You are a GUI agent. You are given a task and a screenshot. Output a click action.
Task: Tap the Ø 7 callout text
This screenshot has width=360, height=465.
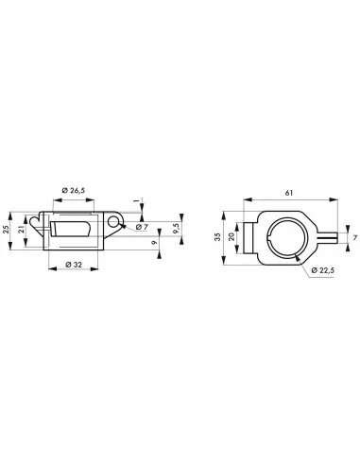139,228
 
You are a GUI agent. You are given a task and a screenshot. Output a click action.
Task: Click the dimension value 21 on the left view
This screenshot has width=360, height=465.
22,232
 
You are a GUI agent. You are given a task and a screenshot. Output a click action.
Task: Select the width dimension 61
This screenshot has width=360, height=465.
288,193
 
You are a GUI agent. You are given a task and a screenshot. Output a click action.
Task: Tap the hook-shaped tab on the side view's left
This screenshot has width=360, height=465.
35,225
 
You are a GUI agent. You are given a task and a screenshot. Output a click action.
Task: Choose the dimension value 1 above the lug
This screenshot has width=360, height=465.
140,200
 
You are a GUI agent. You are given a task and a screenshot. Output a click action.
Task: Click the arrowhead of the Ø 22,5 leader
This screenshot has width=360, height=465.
300,258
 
